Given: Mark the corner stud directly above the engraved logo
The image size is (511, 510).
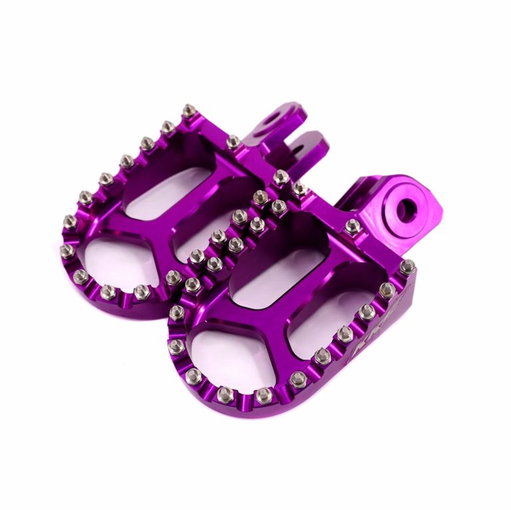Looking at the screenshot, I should pos(407,267).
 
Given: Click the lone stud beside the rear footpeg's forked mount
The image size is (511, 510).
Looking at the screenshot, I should pos(234,142).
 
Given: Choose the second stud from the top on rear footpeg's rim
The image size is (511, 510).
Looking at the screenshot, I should pos(168,126).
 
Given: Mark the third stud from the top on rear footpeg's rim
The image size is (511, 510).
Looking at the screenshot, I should pos(146,143).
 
